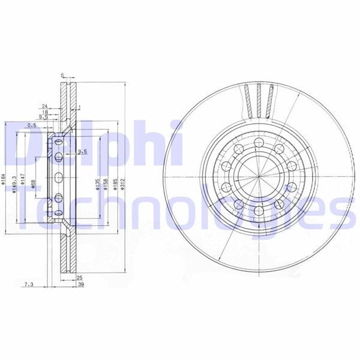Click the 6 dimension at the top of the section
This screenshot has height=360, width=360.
click(x=62, y=76)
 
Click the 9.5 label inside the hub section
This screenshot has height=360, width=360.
click(x=82, y=152)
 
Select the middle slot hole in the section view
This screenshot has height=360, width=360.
click(x=59, y=177)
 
